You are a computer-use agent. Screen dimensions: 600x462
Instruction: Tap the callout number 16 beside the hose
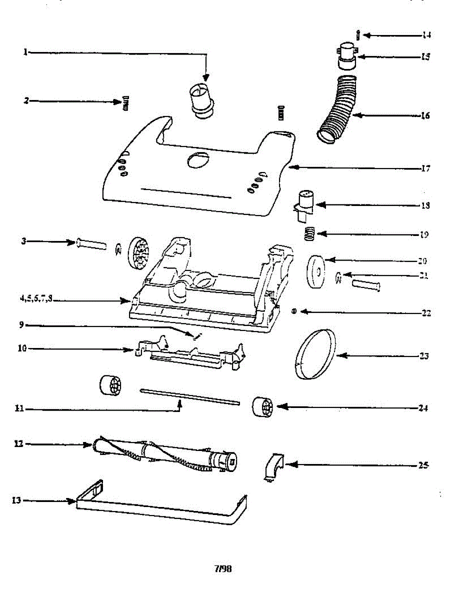point(425,115)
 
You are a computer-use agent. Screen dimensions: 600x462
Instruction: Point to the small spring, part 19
point(311,233)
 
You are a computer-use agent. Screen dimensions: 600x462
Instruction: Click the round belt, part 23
point(315,355)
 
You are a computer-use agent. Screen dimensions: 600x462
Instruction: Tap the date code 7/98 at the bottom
point(224,568)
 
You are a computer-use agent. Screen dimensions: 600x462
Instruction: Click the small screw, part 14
point(358,35)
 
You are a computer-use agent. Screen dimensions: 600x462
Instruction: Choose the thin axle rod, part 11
point(190,396)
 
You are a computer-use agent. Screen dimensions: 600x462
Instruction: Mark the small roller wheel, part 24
point(262,406)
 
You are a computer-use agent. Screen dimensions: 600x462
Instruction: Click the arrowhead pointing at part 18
point(318,205)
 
